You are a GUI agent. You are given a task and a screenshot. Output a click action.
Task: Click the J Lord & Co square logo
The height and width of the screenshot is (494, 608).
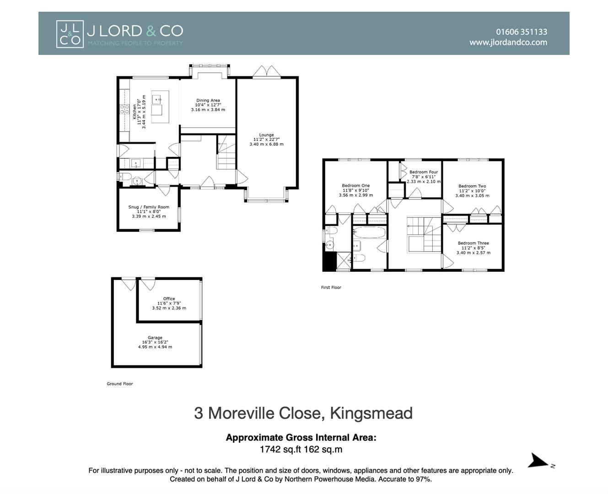tap(70, 34)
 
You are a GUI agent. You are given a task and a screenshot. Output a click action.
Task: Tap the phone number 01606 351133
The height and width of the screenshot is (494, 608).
tap(521, 32)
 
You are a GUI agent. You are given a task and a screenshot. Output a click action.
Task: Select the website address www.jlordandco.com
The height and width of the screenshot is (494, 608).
tap(508, 43)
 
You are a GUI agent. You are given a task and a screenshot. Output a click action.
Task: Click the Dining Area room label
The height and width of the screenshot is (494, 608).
tap(208, 101)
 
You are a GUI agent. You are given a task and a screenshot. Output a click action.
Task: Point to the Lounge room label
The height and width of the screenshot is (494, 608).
tap(266, 135)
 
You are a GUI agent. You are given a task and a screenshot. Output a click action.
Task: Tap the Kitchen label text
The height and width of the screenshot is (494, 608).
tap(135, 112)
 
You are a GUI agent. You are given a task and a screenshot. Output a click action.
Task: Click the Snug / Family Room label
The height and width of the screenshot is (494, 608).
tap(149, 207)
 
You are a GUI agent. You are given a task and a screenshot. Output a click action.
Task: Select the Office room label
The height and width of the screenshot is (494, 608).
tap(169, 299)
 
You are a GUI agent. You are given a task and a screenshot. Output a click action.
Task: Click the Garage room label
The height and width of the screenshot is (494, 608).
tap(155, 338)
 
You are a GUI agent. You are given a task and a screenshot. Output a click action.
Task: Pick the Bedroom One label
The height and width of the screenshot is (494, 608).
tap(355, 186)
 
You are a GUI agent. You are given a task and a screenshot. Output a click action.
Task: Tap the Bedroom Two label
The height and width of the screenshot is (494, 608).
tap(472, 186)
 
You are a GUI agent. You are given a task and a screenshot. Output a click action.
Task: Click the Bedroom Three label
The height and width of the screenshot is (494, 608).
tap(473, 243)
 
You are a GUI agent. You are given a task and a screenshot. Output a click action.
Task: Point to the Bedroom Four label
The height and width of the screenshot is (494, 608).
tap(423, 172)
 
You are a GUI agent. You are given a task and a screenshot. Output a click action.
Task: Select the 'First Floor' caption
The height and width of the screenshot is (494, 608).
tap(331, 288)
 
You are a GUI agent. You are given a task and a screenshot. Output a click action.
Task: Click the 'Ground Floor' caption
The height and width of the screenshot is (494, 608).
tap(120, 384)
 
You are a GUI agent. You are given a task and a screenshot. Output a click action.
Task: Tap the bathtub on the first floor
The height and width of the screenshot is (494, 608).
tap(370, 232)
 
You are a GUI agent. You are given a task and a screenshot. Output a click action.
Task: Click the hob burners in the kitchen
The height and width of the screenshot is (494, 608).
tap(124, 109)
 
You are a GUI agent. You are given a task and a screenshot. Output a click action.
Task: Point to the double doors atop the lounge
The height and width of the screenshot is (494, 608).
tap(266, 72)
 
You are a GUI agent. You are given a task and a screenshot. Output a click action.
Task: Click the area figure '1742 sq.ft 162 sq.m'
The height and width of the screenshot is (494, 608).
tap(301, 449)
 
